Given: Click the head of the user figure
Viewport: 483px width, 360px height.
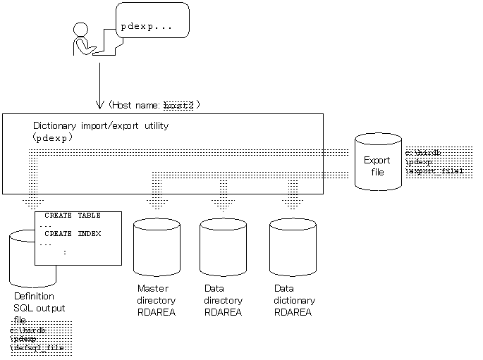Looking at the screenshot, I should point(81,30).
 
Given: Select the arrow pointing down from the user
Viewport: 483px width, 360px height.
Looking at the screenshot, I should point(99,85).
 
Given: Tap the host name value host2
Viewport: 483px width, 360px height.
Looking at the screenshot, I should point(178,105).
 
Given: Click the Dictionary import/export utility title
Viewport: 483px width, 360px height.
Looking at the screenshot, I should point(101,126).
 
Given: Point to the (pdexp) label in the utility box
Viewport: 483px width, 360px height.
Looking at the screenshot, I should point(54,138).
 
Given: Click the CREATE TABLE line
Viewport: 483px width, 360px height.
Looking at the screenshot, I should point(73,215).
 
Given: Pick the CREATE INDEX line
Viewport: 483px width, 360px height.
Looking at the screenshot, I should point(73,233).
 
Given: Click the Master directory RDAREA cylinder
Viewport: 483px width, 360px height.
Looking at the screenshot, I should point(157,247).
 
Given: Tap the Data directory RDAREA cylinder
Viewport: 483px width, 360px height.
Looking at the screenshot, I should point(223,247).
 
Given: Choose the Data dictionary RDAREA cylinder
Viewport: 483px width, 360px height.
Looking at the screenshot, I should point(293,247).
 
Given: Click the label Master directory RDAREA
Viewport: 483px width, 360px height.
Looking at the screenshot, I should point(157,300).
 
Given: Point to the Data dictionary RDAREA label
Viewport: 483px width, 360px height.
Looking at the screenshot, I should point(294,300).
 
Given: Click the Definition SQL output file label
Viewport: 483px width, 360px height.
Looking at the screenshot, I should point(39,308).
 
